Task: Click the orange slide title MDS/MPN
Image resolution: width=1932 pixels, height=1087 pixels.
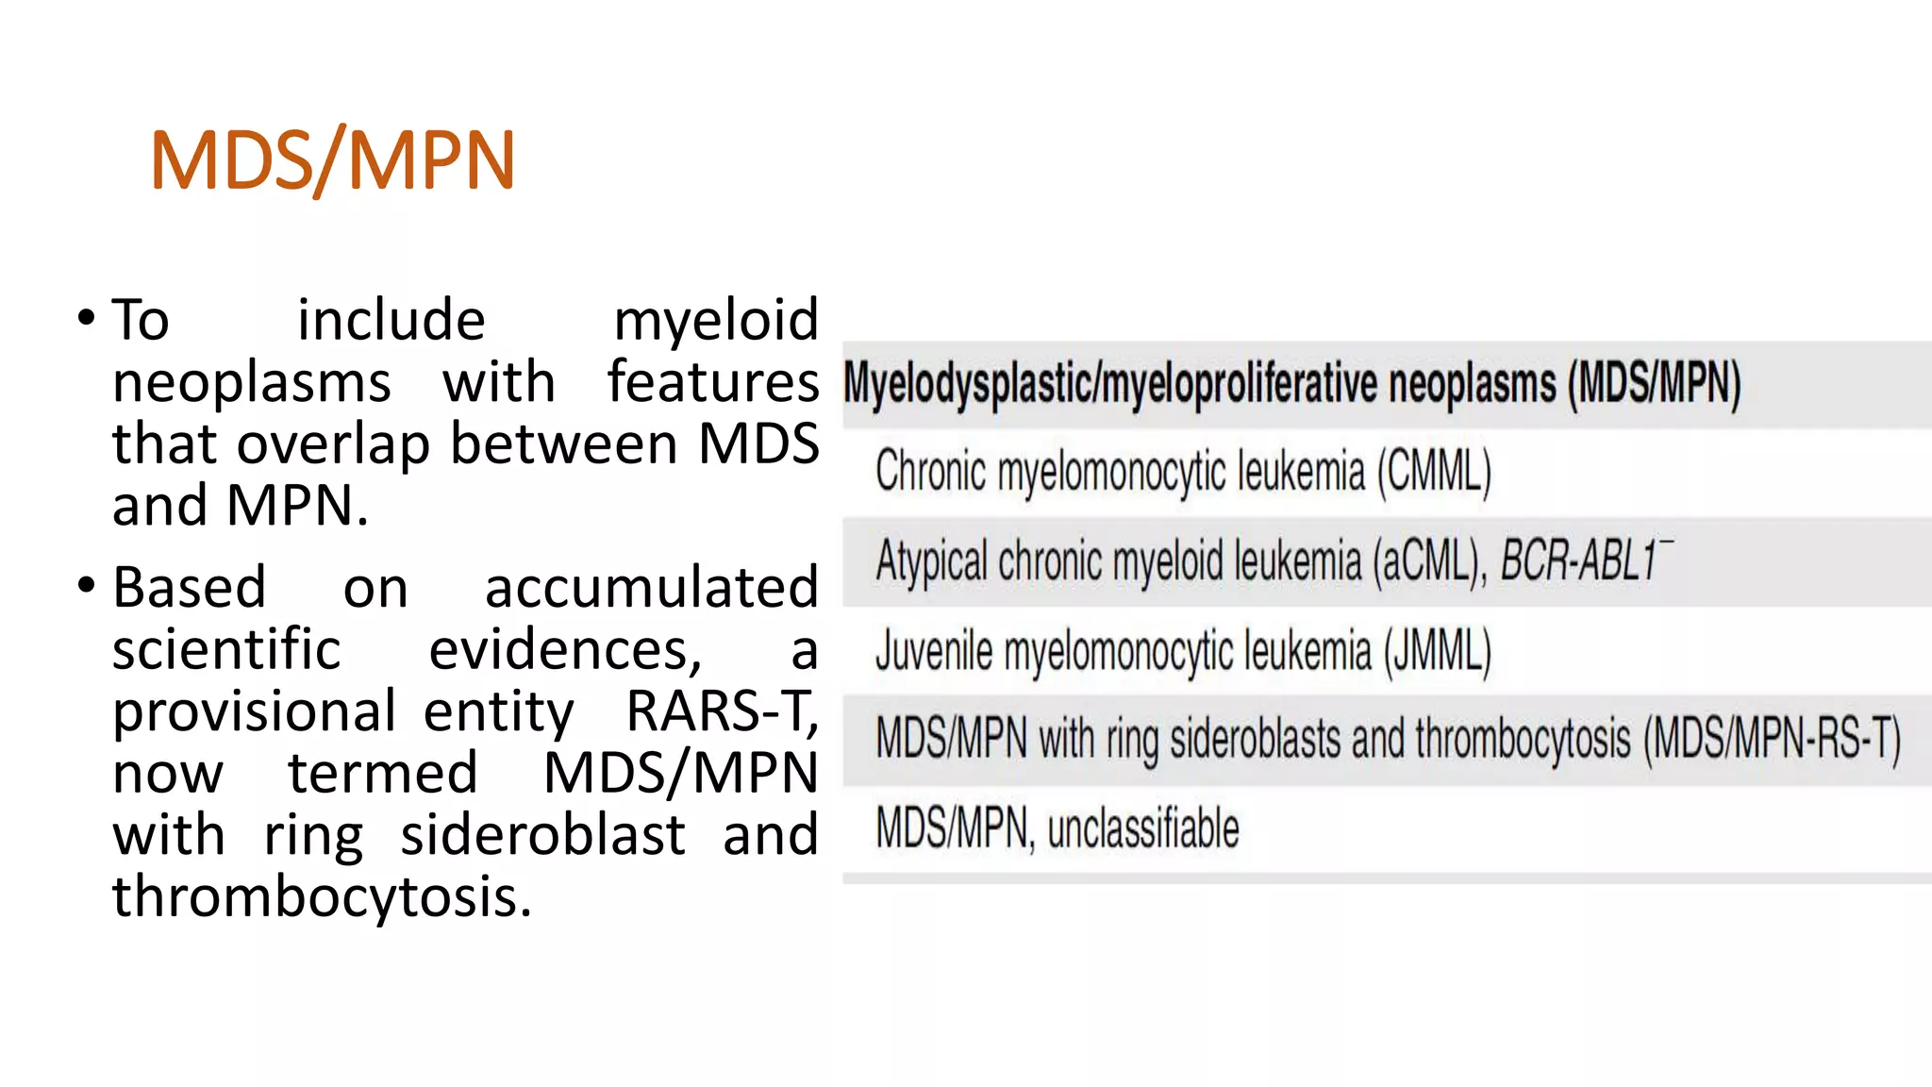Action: pyautogui.click(x=332, y=160)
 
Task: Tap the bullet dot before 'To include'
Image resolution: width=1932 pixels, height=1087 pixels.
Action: pyautogui.click(x=87, y=317)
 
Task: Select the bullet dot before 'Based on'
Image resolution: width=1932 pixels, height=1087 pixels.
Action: pyautogui.click(x=87, y=585)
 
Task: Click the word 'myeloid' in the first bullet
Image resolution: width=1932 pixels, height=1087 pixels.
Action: pyautogui.click(x=716, y=321)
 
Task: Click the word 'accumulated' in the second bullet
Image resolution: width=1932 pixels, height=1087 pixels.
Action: pyautogui.click(x=651, y=588)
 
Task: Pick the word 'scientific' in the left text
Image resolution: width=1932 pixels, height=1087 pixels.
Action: pyautogui.click(x=226, y=649)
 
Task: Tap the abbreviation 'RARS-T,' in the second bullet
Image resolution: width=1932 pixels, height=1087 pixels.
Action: pyautogui.click(x=722, y=711)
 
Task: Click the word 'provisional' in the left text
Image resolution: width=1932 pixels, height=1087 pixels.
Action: pyautogui.click(x=254, y=712)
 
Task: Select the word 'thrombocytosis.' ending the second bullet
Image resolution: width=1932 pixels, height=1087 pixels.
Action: pyautogui.click(x=322, y=896)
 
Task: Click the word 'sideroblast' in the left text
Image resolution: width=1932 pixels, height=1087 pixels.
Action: pyautogui.click(x=542, y=835)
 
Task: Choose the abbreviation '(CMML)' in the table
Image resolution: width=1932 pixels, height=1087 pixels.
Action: pyautogui.click(x=1434, y=472)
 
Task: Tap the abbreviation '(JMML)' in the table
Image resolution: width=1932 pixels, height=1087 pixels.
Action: pyautogui.click(x=1438, y=651)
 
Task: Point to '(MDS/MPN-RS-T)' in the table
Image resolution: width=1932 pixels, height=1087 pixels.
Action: pyautogui.click(x=1772, y=740)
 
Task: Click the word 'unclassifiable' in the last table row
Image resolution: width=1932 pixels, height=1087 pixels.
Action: pyautogui.click(x=1143, y=828)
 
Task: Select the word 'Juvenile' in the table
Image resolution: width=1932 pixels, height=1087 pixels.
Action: pyautogui.click(x=933, y=651)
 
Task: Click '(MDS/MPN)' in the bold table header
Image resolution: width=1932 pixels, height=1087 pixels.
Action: pyautogui.click(x=1654, y=385)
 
